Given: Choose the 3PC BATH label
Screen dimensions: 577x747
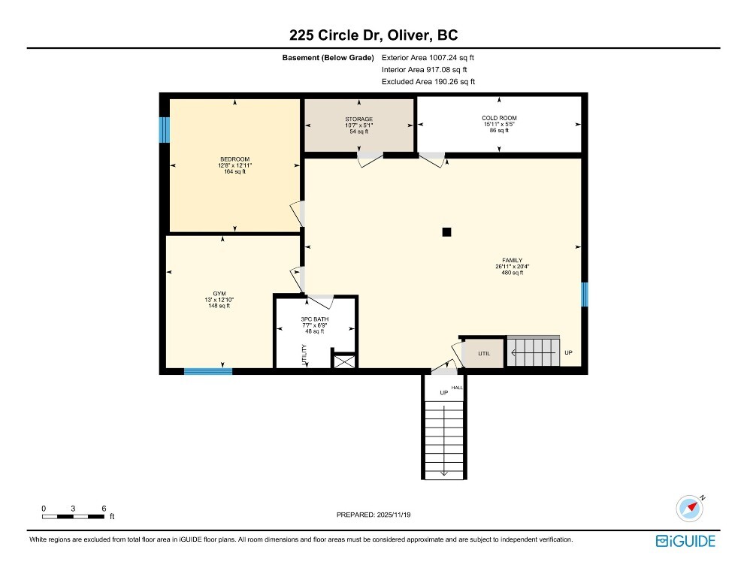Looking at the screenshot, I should click(x=315, y=325).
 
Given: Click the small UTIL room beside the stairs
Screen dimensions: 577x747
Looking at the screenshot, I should click(x=483, y=353).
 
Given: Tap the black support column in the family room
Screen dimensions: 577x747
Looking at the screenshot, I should click(x=446, y=232).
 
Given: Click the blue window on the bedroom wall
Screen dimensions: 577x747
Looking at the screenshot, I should click(x=163, y=129).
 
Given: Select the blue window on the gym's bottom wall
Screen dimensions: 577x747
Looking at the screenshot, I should click(x=208, y=370).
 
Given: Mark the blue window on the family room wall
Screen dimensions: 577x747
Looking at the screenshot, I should click(x=584, y=294).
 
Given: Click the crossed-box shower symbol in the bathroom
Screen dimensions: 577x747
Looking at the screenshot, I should click(x=343, y=361).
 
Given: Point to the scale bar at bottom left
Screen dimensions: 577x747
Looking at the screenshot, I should click(x=74, y=516).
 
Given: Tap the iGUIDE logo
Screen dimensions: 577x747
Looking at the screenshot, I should click(x=685, y=541).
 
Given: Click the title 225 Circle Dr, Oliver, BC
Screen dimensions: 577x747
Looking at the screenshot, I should click(x=373, y=35).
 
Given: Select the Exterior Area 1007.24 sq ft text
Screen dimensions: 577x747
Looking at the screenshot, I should click(x=428, y=57).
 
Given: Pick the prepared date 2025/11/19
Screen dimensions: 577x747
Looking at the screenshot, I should click(x=373, y=515).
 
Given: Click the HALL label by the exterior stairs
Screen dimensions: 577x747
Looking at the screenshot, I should click(x=456, y=388).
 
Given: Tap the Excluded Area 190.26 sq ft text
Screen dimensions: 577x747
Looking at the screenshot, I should click(x=428, y=82).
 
